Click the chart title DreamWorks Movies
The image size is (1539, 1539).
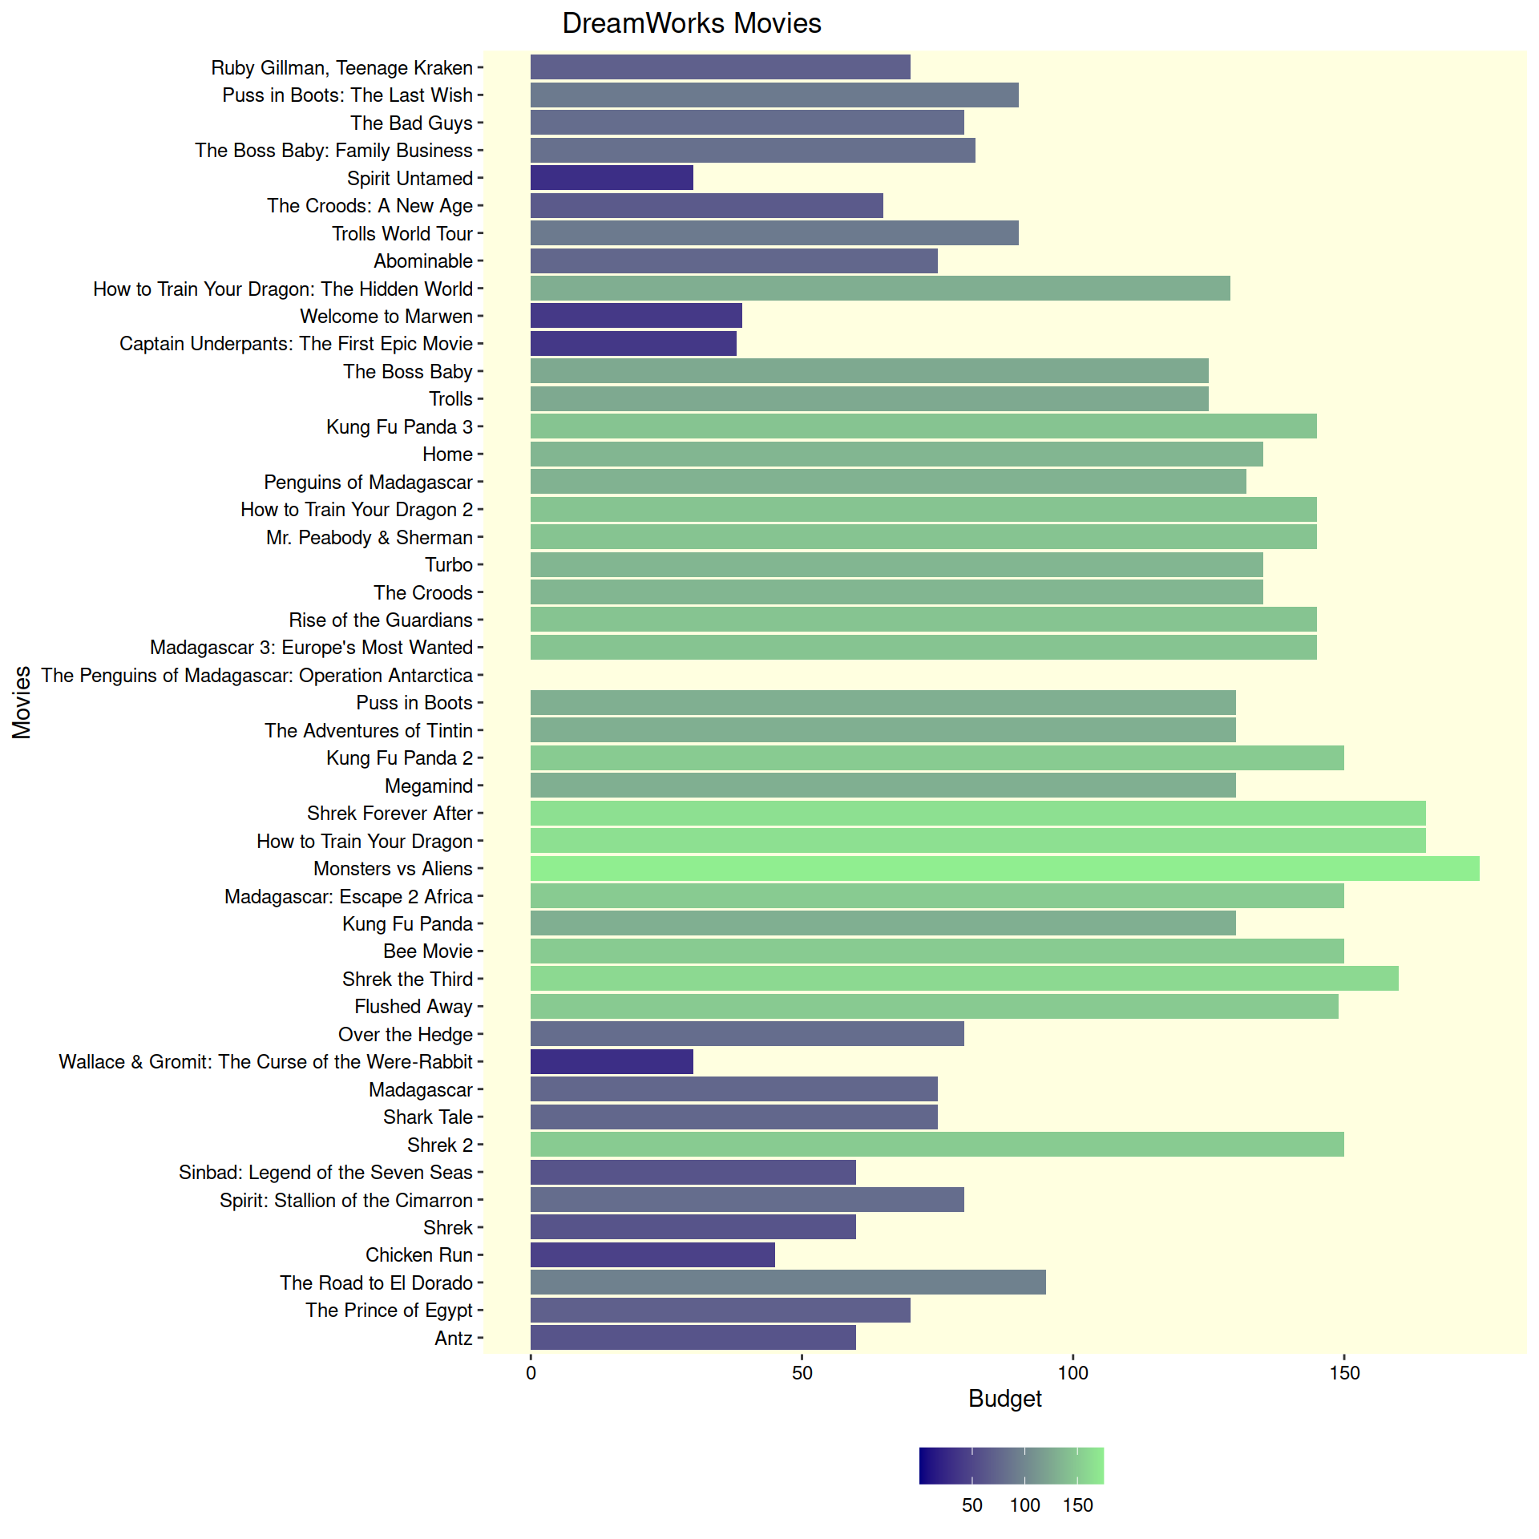point(691,23)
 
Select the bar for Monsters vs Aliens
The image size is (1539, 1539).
point(1004,869)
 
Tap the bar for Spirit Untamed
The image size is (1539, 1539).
point(612,178)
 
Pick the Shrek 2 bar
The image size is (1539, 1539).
point(937,1145)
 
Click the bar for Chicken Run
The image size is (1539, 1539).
point(652,1255)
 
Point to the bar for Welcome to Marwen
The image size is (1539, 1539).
point(636,316)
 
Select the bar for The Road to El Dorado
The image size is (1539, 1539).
point(788,1282)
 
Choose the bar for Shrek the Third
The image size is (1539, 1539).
point(964,979)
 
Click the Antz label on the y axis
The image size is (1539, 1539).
point(454,1338)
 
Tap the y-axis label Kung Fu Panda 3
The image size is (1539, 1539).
point(399,427)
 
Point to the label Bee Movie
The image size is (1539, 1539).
point(428,951)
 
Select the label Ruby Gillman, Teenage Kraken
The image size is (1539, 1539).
point(341,68)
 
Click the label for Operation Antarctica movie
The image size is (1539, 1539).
point(257,676)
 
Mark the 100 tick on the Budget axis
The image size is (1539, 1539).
point(1072,1373)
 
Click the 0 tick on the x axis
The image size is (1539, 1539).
point(531,1373)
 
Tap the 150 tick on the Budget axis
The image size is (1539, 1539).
point(1344,1373)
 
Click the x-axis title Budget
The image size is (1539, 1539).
point(1004,1399)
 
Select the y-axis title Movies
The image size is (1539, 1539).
point(22,702)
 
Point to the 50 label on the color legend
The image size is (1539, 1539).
point(971,1505)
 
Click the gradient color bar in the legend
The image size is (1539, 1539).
point(1011,1466)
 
